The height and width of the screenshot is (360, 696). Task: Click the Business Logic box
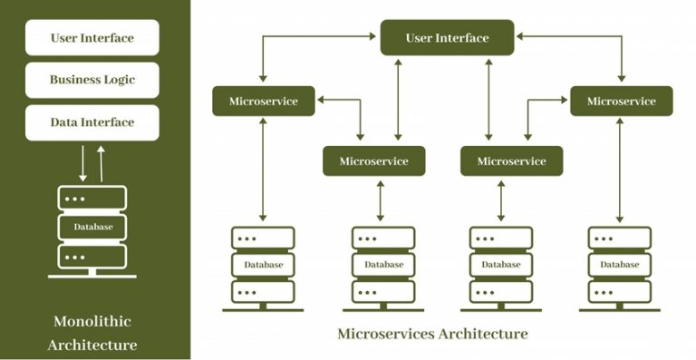[92, 80]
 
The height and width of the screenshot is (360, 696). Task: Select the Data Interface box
[92, 122]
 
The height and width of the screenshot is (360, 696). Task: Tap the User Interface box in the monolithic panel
[92, 38]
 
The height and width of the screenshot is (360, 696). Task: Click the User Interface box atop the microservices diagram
[447, 38]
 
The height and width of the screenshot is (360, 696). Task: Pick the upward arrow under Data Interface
[101, 162]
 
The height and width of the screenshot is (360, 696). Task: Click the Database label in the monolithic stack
[92, 227]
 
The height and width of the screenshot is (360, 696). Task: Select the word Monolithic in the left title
[92, 322]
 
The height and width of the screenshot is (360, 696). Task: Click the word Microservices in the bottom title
[384, 334]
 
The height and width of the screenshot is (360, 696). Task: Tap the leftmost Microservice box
[263, 101]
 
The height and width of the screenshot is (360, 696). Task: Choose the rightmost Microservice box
[621, 101]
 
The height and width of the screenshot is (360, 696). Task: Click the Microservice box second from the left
[373, 161]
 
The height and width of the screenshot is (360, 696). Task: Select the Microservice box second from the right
[511, 161]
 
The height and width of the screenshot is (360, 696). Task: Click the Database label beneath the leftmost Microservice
[263, 265]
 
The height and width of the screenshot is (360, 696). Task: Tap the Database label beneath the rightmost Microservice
[621, 265]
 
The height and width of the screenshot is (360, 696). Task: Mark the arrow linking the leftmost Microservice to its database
[263, 170]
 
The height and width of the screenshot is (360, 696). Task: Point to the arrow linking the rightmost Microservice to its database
[621, 170]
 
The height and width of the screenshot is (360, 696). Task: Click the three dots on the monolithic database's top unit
[75, 198]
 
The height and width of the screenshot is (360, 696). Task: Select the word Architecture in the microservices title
[481, 334]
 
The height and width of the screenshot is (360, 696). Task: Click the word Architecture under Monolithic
[92, 345]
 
